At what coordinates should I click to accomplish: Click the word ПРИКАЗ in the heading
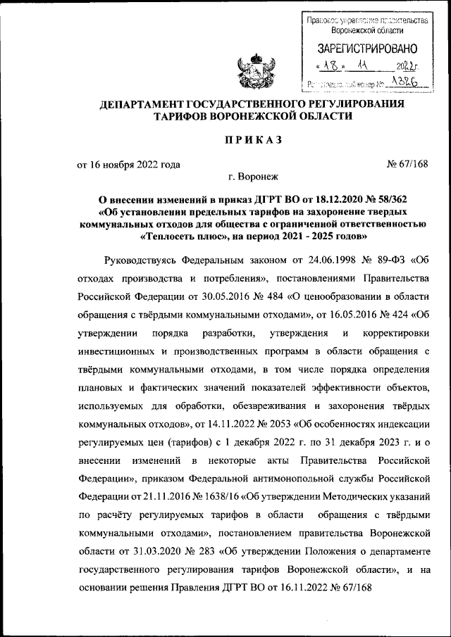(253, 140)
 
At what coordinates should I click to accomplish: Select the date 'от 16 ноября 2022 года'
(128, 165)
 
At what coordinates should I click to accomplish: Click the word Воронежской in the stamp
(367, 31)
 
